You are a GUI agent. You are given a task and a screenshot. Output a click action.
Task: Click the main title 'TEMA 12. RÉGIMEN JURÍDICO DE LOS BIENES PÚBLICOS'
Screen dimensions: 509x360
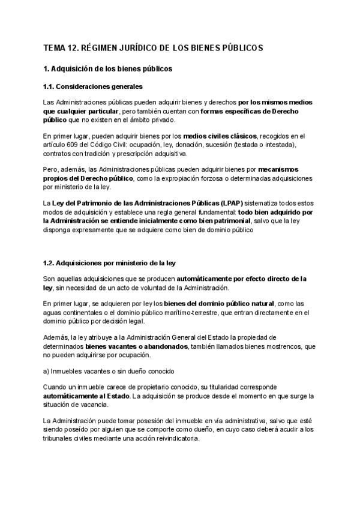tap(153, 48)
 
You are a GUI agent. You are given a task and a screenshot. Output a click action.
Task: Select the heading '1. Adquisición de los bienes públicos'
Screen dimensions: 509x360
tap(108, 69)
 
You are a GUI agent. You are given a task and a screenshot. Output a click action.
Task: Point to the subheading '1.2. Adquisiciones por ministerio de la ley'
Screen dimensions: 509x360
tap(110, 263)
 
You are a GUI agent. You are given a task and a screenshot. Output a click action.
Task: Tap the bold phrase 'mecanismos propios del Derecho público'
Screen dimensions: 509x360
tap(282, 170)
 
